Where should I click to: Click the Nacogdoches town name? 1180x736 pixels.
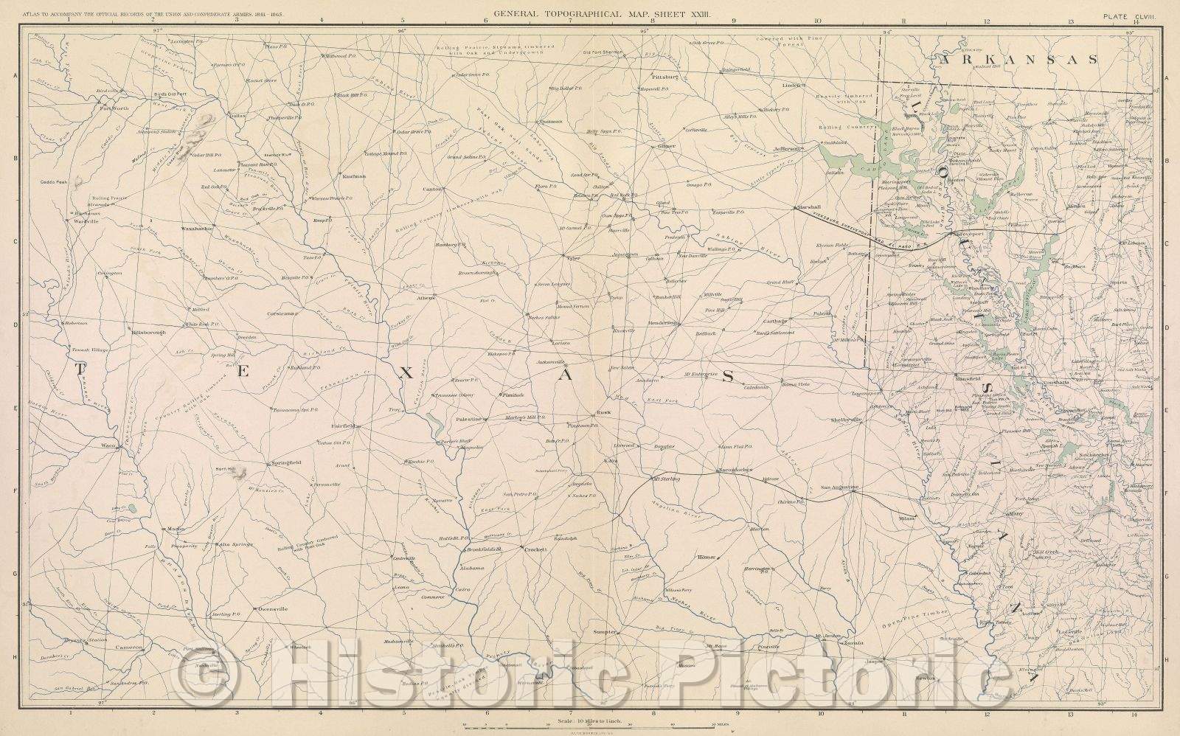point(735,470)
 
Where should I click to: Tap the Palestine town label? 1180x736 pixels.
point(467,419)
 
